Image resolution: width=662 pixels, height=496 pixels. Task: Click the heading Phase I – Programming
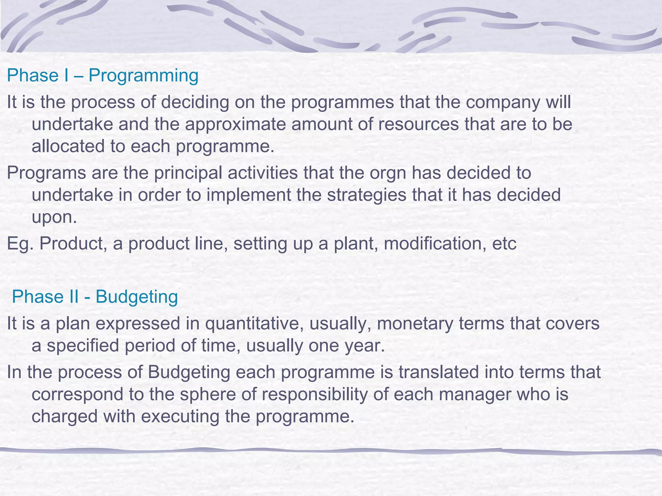[x=102, y=76]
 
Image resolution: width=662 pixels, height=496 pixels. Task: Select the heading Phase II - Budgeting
[x=95, y=297]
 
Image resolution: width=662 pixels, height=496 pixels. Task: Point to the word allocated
[x=68, y=146]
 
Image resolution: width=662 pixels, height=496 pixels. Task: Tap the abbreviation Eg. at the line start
[x=20, y=244]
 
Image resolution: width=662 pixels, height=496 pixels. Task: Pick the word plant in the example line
[x=356, y=244]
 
